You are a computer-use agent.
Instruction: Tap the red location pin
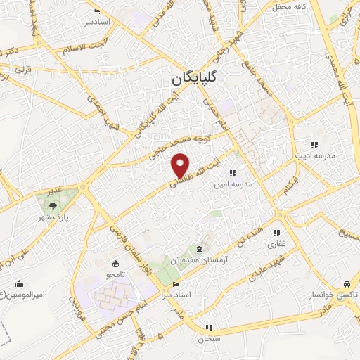[x=181, y=165]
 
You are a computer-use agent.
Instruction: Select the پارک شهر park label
[x=53, y=217]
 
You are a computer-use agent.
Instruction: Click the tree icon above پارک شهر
[x=53, y=206]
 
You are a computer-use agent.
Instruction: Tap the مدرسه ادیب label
[x=314, y=155]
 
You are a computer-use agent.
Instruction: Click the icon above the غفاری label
[x=276, y=233]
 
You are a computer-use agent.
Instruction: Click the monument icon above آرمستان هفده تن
[x=201, y=250]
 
